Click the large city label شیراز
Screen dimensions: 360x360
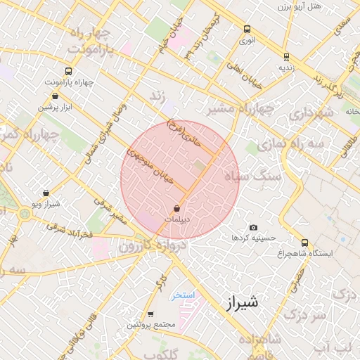pyautogui.click(x=243, y=303)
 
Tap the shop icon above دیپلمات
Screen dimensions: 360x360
pyautogui.click(x=176, y=209)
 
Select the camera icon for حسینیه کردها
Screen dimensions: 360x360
pyautogui.click(x=253, y=228)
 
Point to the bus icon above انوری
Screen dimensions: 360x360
pyautogui.click(x=247, y=30)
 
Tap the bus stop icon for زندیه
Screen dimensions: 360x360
pyautogui.click(x=285, y=56)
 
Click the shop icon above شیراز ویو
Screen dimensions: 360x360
pyautogui.click(x=46, y=193)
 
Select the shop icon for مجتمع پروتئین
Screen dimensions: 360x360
pyautogui.click(x=150, y=314)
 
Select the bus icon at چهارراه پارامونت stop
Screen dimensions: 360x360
pyautogui.click(x=68, y=71)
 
